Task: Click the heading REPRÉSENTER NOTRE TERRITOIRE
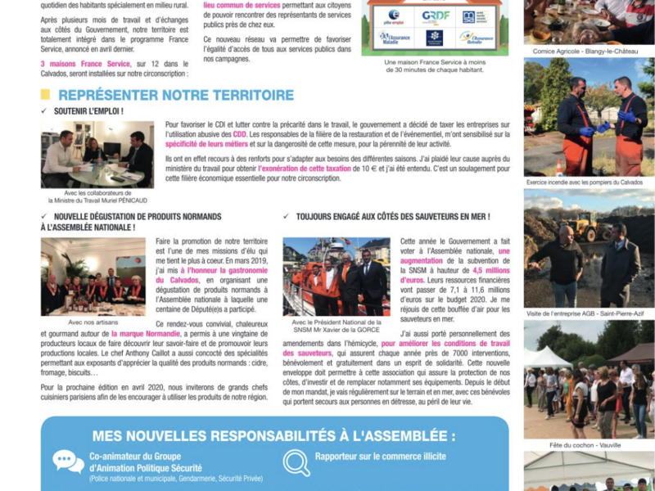pyautogui.click(x=175, y=95)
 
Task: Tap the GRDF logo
pyautogui.click(x=435, y=16)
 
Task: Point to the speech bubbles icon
pyautogui.click(x=68, y=461)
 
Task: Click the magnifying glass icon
pyautogui.click(x=296, y=462)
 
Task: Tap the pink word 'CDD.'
pyautogui.click(x=240, y=133)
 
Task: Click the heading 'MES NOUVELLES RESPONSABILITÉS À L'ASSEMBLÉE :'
pyautogui.click(x=274, y=435)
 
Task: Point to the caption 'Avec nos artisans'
pyautogui.click(x=93, y=322)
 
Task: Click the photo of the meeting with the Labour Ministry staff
pyautogui.click(x=97, y=155)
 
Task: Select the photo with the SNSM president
pyautogui.click(x=337, y=277)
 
